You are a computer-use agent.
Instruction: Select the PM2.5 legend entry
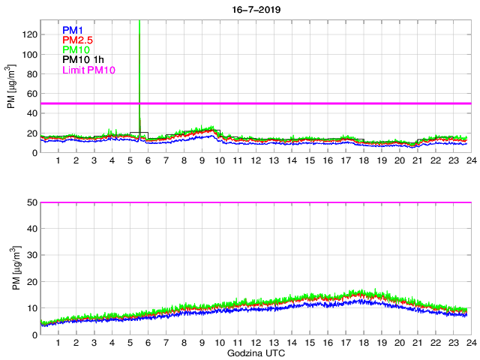[78, 40]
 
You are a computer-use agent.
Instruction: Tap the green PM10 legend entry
[76, 49]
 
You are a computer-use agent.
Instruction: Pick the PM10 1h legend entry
[83, 59]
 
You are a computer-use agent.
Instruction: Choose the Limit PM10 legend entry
[88, 70]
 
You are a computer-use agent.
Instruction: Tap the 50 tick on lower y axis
[32, 202]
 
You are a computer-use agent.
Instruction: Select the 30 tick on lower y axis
[32, 255]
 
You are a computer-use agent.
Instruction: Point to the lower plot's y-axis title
[11, 268]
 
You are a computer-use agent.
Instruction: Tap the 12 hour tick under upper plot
[256, 161]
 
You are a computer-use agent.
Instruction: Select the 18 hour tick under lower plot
[363, 343]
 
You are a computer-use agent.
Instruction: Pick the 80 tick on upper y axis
[32, 74]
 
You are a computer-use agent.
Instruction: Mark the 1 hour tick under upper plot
[58, 161]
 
